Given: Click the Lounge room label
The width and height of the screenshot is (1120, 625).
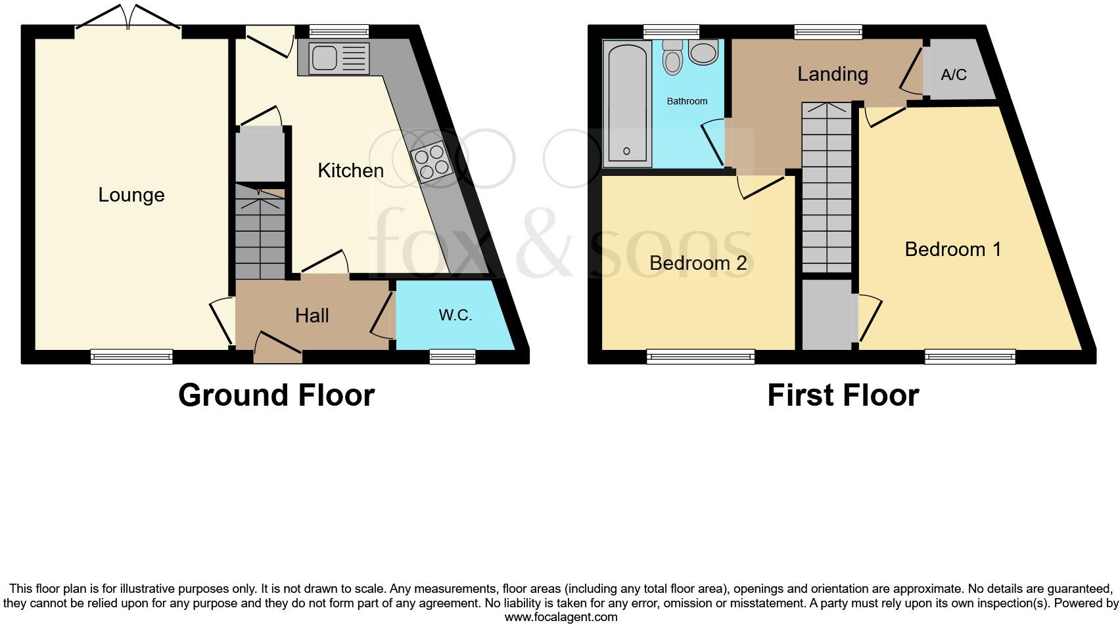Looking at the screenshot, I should [131, 195].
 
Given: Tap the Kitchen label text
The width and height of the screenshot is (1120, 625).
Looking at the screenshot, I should [350, 171].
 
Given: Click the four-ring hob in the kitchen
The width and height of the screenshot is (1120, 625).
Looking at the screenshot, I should [432, 161].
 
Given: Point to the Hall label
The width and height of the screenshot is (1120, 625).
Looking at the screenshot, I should [312, 316].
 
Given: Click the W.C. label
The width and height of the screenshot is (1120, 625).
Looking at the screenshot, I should [455, 315].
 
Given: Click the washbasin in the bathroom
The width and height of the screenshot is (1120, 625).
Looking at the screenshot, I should [704, 53].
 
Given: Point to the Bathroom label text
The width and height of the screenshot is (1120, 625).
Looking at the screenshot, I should [687, 101].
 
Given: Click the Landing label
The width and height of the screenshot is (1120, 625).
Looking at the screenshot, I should [832, 74].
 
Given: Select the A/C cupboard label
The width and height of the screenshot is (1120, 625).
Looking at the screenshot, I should [954, 75].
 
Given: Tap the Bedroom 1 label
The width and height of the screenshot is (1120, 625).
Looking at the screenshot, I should [953, 249].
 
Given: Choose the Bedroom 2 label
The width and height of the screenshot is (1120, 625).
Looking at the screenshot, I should [698, 263].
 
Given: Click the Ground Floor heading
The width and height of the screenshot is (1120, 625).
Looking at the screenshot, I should [276, 395].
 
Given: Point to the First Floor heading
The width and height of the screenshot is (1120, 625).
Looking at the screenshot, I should [843, 395].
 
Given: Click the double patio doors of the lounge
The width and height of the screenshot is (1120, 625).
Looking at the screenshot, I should [128, 18].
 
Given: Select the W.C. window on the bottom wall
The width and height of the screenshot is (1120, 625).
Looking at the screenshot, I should [452, 357].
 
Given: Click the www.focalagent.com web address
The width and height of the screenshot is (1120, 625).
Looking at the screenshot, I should [561, 617].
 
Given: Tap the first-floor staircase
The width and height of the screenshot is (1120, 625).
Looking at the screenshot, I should [826, 190].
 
